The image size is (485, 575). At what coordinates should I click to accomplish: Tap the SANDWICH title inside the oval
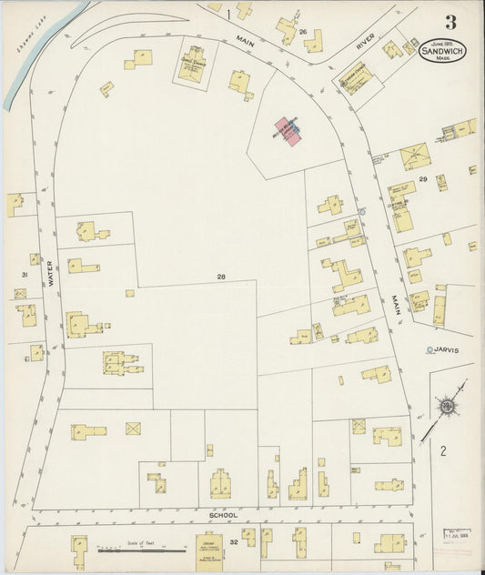[x=443, y=53]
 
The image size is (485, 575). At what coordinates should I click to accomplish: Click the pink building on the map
[x=289, y=133]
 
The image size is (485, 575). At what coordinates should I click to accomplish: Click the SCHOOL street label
[x=223, y=515]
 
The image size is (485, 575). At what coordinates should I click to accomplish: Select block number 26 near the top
[x=302, y=32]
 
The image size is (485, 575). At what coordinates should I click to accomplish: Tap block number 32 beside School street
[x=233, y=541]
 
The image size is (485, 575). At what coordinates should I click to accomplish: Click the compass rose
[x=447, y=405]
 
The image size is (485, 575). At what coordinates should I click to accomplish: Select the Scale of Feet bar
[x=124, y=549]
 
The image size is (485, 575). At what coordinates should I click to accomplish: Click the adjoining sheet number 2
[x=443, y=449]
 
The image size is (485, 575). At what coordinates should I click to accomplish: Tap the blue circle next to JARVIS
[x=428, y=348]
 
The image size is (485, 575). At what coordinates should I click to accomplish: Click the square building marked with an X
[x=134, y=428]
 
